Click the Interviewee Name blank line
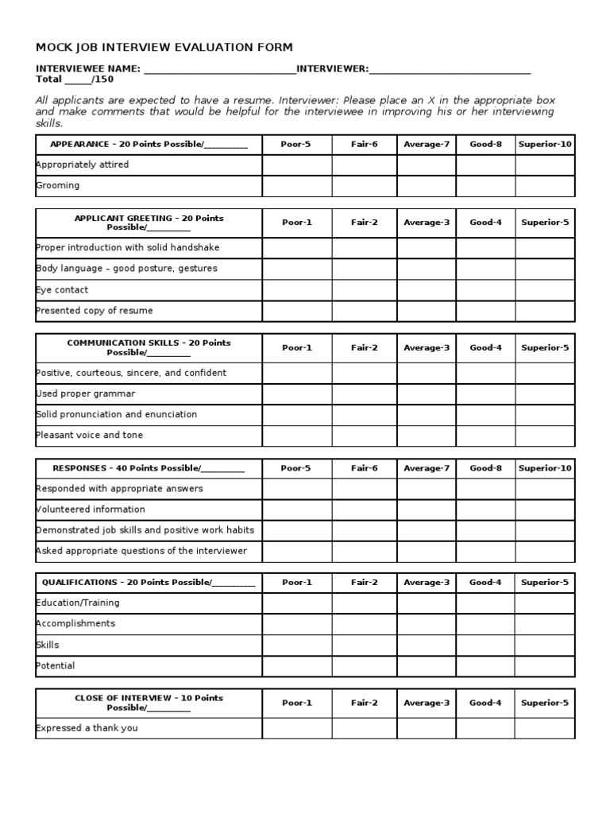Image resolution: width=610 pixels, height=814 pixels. click(x=218, y=69)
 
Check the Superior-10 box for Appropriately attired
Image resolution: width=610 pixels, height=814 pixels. click(x=545, y=165)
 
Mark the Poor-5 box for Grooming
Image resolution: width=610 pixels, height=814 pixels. click(x=297, y=186)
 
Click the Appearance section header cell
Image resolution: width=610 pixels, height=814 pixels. click(x=149, y=145)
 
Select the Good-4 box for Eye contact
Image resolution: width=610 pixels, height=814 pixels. click(x=485, y=290)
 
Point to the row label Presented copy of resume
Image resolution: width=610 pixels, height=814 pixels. click(x=95, y=311)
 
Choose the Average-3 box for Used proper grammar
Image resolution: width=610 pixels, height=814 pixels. click(x=427, y=394)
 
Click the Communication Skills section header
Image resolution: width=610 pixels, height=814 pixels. click(x=149, y=347)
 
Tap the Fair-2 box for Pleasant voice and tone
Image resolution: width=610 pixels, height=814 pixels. click(x=365, y=436)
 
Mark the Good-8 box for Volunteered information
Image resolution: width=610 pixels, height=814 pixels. click(x=485, y=510)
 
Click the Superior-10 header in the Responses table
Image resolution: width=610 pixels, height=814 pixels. click(x=545, y=468)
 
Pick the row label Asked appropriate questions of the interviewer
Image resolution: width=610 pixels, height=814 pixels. click(x=141, y=551)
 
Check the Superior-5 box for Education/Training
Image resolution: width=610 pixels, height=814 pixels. click(x=545, y=603)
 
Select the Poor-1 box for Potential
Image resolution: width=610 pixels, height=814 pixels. click(x=297, y=666)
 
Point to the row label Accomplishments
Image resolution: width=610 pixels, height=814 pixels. click(x=75, y=624)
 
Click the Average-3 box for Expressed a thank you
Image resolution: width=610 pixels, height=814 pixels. click(x=427, y=728)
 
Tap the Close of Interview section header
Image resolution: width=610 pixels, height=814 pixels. click(x=149, y=703)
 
